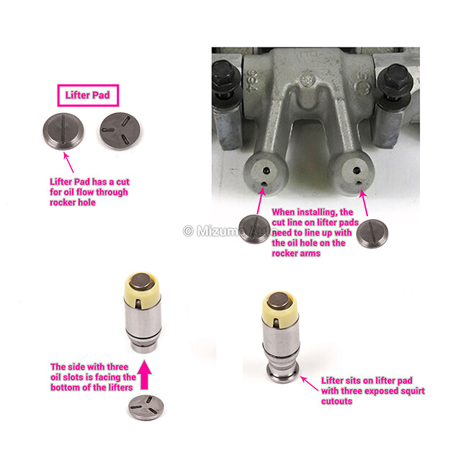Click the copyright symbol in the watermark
pos(188,231)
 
